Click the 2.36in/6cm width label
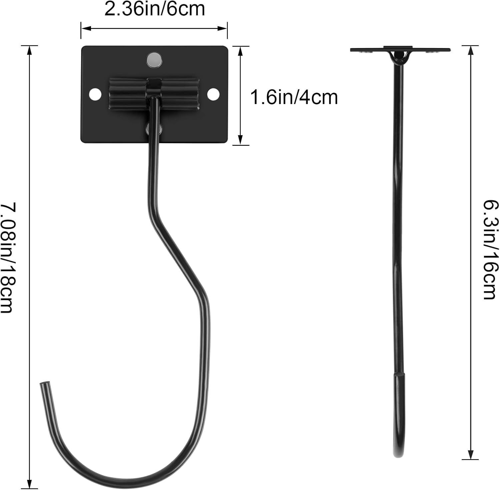(154, 9)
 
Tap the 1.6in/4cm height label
(294, 97)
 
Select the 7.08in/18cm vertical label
(7, 258)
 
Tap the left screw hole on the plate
(95, 94)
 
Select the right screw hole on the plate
(213, 94)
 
